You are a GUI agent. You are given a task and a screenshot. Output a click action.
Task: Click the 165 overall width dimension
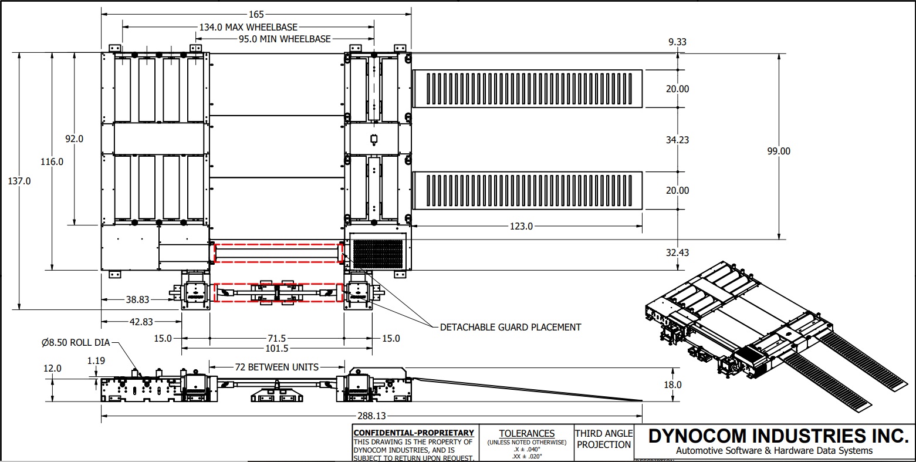point(256,14)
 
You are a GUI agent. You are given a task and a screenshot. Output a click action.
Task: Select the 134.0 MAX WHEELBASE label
point(248,27)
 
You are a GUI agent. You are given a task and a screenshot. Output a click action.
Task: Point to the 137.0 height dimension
point(20,181)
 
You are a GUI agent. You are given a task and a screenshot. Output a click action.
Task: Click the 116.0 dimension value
point(52,161)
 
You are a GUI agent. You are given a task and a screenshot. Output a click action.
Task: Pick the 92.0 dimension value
point(74,139)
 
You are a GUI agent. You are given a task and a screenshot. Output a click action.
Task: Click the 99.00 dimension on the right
point(779,151)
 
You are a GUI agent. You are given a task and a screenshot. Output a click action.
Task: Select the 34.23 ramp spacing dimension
point(677,140)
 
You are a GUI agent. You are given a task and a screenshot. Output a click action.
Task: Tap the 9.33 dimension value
point(677,42)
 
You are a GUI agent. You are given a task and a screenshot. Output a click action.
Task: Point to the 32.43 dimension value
point(677,252)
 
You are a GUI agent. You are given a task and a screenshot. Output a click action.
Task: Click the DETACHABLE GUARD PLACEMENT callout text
point(511,327)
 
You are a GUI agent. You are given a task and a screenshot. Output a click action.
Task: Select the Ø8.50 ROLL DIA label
point(75,343)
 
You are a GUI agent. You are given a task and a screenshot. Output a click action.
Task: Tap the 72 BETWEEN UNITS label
point(276,367)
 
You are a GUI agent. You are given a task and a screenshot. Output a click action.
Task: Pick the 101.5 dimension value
point(276,348)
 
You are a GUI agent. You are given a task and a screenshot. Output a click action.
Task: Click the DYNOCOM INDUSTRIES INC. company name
point(778,436)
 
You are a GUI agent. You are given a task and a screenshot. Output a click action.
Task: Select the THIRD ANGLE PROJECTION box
point(603,439)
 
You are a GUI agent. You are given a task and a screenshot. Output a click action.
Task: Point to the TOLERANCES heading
point(526,434)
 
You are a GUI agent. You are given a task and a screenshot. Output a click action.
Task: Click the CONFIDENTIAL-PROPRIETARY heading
point(413,433)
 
